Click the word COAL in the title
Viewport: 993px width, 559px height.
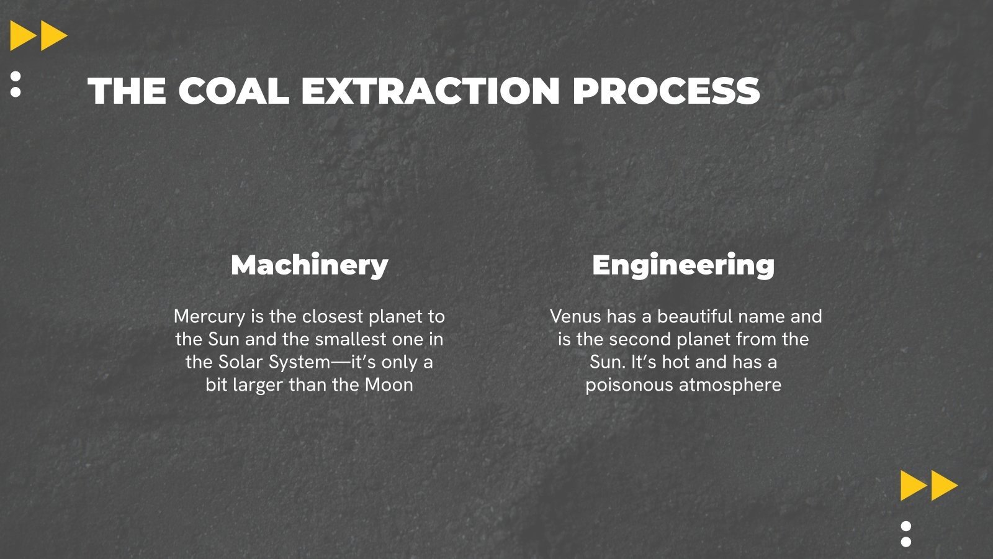click(x=234, y=91)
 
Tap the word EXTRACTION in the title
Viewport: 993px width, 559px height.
click(x=431, y=91)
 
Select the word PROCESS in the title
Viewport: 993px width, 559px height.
click(x=665, y=91)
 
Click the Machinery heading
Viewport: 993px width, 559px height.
click(x=309, y=265)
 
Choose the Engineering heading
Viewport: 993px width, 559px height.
click(x=683, y=265)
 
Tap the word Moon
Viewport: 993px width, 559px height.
click(x=389, y=385)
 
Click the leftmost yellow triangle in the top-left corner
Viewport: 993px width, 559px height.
click(x=21, y=36)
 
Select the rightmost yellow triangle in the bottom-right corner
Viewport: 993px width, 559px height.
click(x=943, y=485)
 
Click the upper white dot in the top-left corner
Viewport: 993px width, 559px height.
click(x=16, y=76)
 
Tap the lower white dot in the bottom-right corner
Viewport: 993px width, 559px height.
click(x=906, y=542)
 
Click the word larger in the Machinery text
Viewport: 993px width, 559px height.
click(x=258, y=385)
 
